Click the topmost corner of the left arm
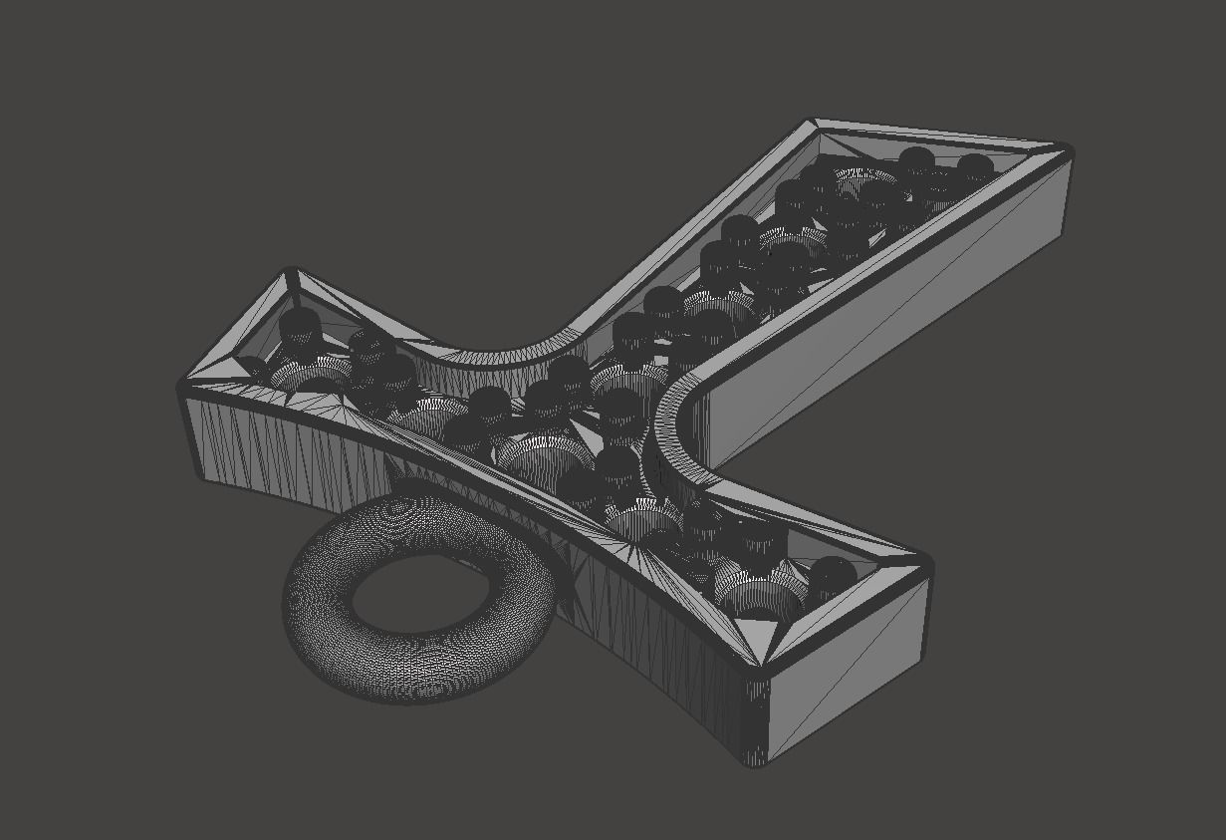click(291, 271)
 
